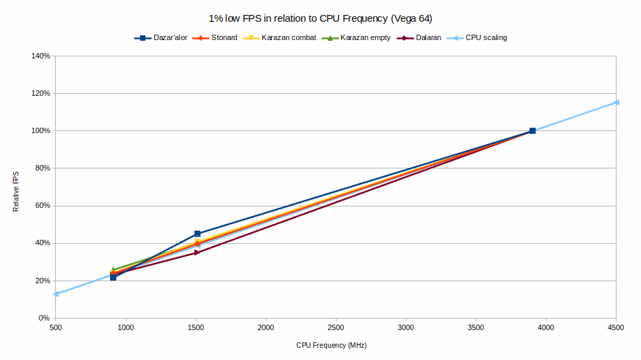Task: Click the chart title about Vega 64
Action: (x=320, y=18)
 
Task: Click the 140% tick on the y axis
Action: (x=41, y=56)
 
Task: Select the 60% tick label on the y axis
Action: (x=43, y=206)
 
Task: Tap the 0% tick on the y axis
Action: (x=45, y=318)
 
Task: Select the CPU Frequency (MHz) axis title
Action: (x=331, y=346)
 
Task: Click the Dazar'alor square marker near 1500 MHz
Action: (x=197, y=234)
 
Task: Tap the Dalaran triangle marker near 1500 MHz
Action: (x=197, y=253)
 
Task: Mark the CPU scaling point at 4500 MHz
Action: (x=617, y=103)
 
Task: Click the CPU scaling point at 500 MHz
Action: (x=56, y=294)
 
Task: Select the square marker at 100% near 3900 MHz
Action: (x=532, y=130)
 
